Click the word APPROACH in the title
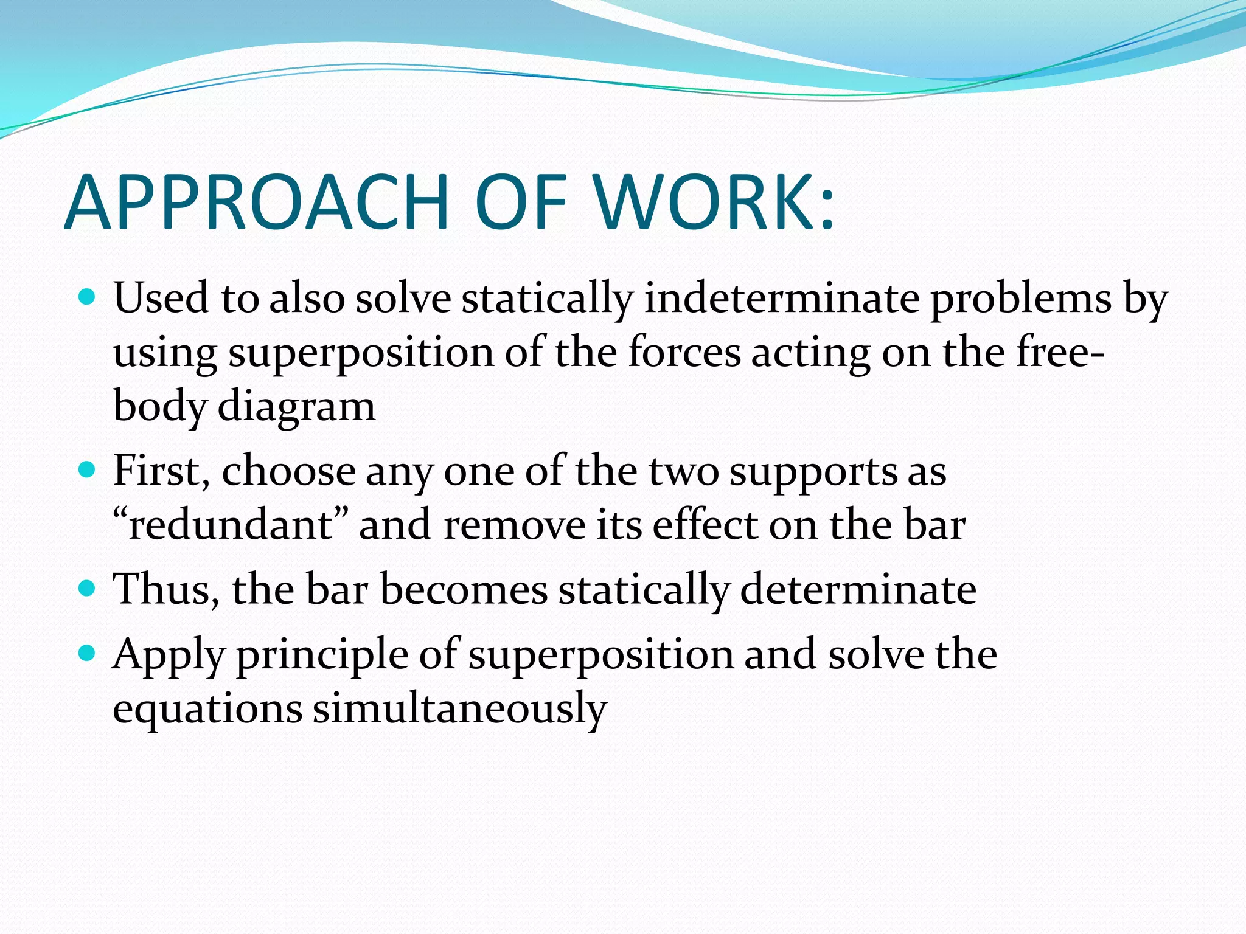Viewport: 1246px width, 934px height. click(256, 203)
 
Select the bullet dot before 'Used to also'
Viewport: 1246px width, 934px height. click(88, 297)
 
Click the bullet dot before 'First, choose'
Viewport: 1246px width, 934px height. click(88, 470)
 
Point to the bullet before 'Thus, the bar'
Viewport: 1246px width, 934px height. click(88, 588)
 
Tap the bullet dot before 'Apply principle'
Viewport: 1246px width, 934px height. click(88, 654)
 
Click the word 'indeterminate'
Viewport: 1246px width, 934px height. click(782, 299)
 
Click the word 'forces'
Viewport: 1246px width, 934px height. click(684, 352)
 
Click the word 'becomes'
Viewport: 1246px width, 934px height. click(464, 589)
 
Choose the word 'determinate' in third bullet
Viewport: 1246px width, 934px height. click(858, 589)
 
